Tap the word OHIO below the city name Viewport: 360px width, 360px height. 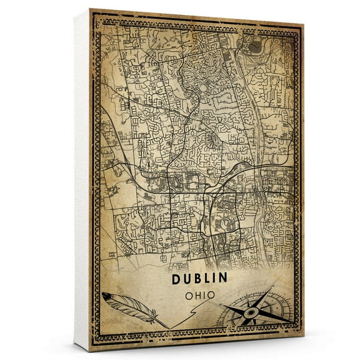[200, 294]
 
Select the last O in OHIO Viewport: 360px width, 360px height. [214, 294]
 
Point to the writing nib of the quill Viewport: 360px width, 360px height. [166, 326]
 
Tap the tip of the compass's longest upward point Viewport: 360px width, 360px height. [274, 287]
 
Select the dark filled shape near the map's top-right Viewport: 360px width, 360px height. [254, 46]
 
